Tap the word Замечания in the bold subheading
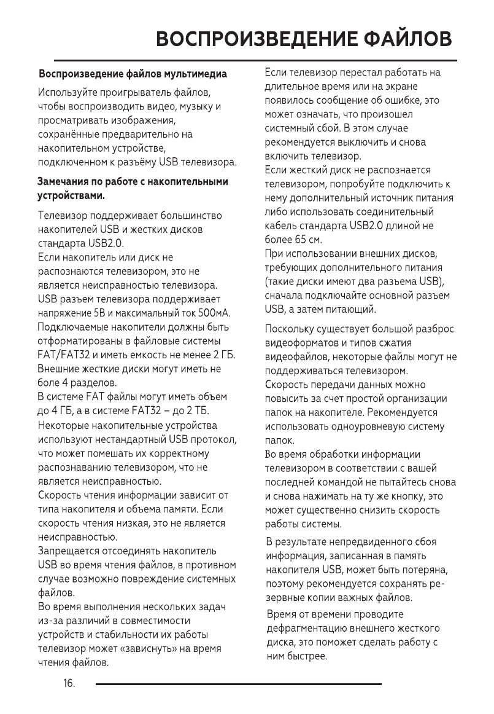coord(63,182)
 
